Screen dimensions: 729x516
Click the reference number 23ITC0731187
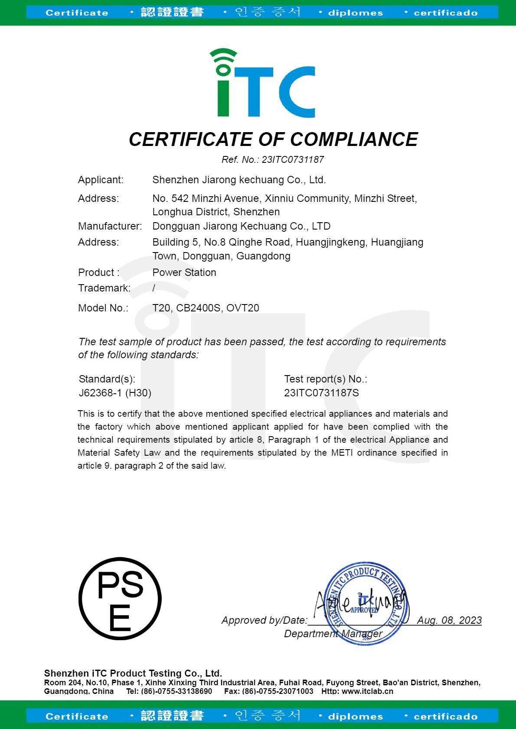click(x=293, y=159)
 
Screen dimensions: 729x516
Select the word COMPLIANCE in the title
click(x=353, y=139)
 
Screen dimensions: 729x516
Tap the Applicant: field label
click(x=101, y=180)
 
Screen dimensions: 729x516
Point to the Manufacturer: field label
click(x=110, y=226)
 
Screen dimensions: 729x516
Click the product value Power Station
click(x=184, y=272)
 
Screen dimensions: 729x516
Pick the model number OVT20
click(x=243, y=308)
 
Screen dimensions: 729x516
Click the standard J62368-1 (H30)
click(x=115, y=393)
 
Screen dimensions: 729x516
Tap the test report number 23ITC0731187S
click(x=321, y=393)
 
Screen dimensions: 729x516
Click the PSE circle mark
click(x=120, y=599)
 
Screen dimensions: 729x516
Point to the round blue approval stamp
click(x=366, y=603)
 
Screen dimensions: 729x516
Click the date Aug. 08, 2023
click(x=449, y=620)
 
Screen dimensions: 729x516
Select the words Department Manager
click(x=333, y=634)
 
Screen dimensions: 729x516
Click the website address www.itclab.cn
click(x=367, y=691)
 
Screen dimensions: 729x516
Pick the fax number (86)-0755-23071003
click(x=278, y=691)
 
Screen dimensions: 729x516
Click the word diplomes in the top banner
click(x=355, y=13)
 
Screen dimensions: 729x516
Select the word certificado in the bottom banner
click(x=445, y=716)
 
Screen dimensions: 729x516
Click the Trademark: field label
click(x=104, y=288)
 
